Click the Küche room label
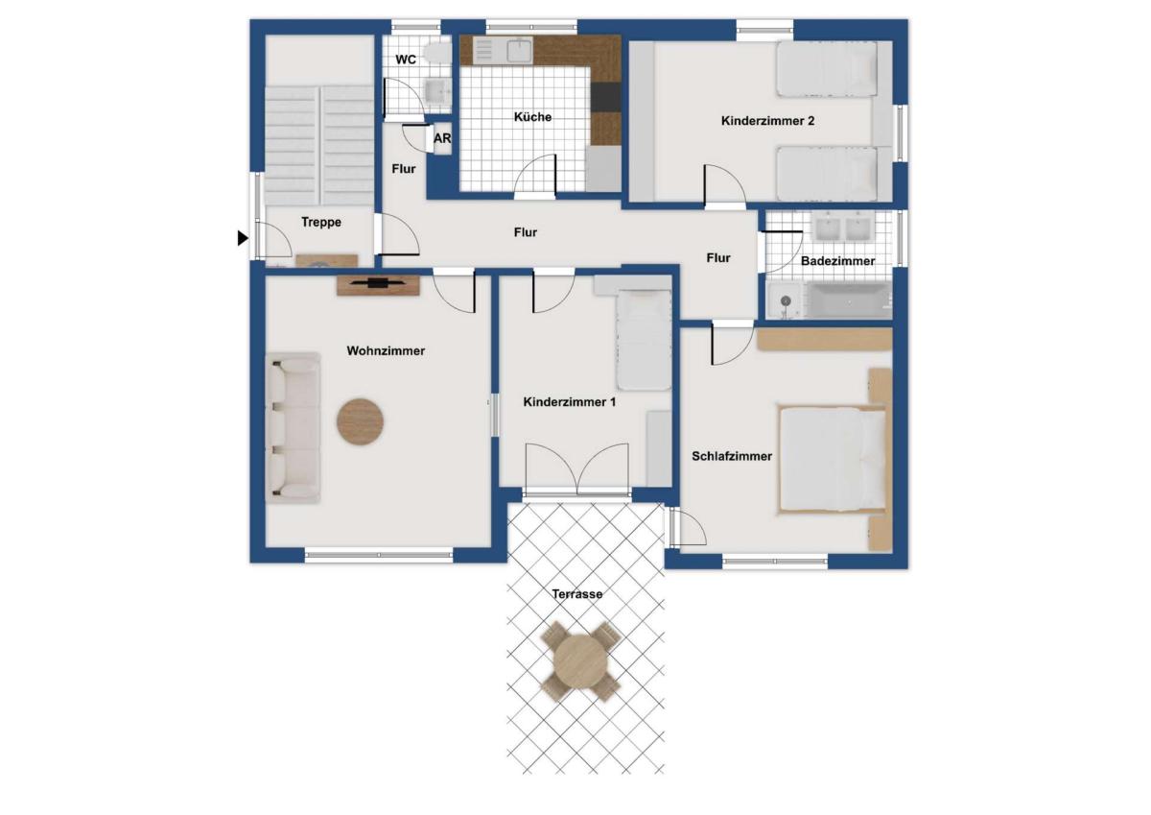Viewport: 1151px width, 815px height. click(533, 117)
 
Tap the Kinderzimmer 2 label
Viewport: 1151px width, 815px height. click(767, 121)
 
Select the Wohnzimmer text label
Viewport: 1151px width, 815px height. click(386, 351)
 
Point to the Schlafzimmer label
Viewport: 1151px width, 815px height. click(732, 456)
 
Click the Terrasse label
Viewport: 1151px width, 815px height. click(577, 594)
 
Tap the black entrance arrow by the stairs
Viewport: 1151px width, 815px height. click(243, 238)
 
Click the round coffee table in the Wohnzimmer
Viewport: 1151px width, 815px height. click(361, 421)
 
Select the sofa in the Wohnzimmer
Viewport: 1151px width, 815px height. click(293, 428)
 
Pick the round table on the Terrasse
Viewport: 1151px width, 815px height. click(580, 661)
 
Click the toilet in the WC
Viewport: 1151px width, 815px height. click(438, 53)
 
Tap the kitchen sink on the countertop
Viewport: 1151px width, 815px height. click(520, 51)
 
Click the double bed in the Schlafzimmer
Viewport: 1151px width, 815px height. click(834, 459)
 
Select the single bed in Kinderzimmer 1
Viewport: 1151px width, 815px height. click(644, 340)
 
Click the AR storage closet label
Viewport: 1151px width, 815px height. click(442, 138)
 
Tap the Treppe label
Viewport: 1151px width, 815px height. click(321, 222)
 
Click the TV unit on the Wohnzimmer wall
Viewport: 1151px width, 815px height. click(378, 285)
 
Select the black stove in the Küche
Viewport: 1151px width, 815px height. click(606, 97)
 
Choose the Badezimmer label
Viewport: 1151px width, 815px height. click(837, 261)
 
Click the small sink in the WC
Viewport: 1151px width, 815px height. click(437, 90)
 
